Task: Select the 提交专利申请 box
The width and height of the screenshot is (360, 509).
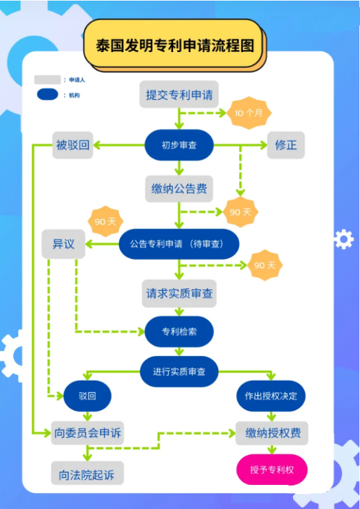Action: click(179, 95)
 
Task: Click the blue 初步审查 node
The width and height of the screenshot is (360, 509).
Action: click(179, 145)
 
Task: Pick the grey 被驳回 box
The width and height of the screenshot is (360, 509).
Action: click(72, 145)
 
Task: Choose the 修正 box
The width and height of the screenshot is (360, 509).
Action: click(286, 145)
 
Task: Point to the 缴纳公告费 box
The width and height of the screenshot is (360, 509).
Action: click(179, 189)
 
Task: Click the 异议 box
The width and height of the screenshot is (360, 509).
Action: click(64, 244)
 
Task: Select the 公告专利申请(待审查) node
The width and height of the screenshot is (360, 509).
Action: click(179, 244)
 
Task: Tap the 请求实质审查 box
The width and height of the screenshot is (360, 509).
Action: click(179, 294)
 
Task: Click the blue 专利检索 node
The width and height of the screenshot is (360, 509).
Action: click(179, 332)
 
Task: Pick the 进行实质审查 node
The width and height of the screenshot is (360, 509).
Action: click(179, 372)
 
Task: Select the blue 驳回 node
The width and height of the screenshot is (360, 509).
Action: click(87, 395)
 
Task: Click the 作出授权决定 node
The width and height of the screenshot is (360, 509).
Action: click(270, 395)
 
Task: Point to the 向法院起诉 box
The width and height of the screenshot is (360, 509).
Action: click(87, 474)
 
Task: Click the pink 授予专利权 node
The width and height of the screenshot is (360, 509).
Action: click(271, 469)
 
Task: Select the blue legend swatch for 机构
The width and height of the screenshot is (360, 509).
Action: click(48, 95)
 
